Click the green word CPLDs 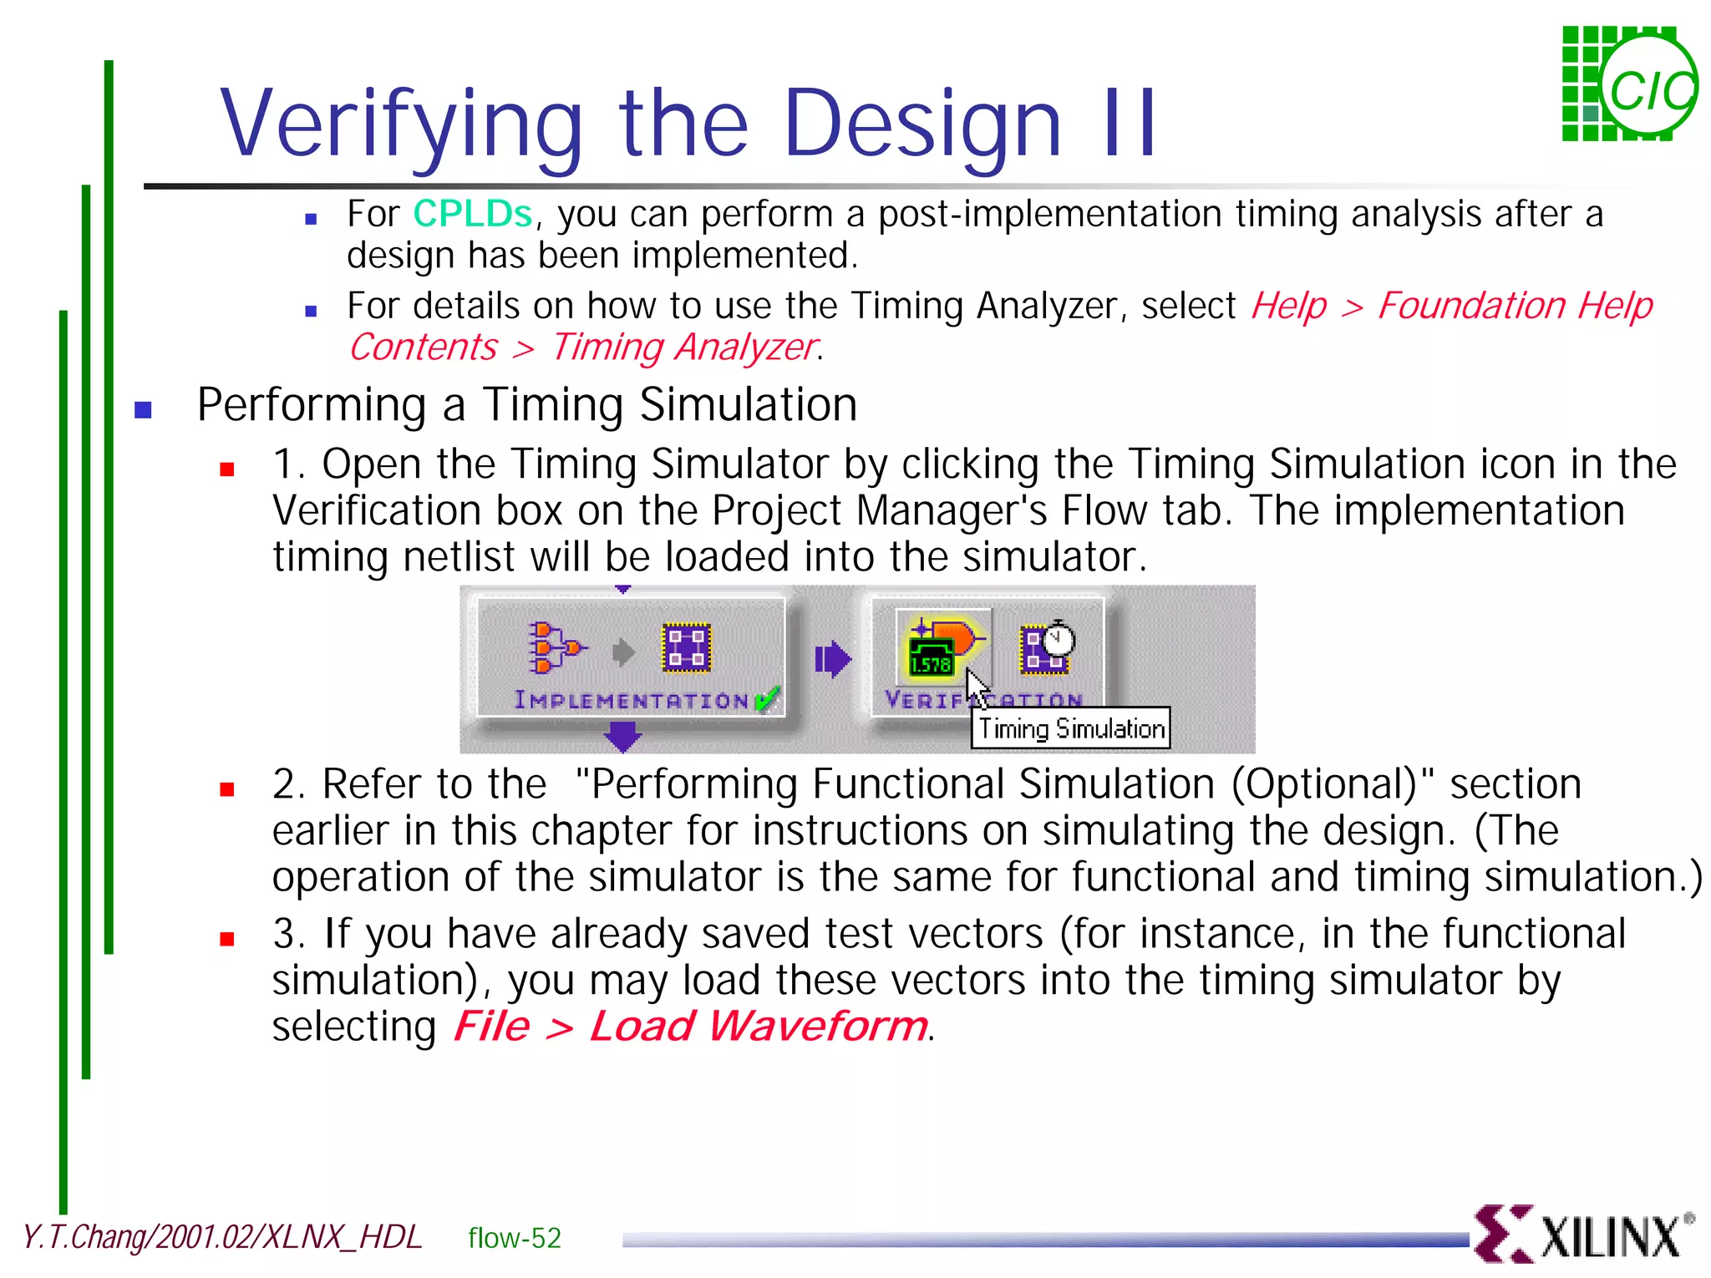472,215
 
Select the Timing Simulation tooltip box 1070,728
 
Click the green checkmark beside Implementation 767,698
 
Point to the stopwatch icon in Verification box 1058,640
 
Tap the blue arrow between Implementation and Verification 832,659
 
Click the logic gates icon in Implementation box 553,647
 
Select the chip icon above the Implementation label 686,647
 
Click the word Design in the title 922,125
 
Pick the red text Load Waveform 758,1026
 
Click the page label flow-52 515,1238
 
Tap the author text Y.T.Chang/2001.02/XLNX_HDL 222,1237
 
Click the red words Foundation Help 1514,306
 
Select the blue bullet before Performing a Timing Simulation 144,409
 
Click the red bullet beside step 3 226,939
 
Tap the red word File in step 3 491,1026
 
